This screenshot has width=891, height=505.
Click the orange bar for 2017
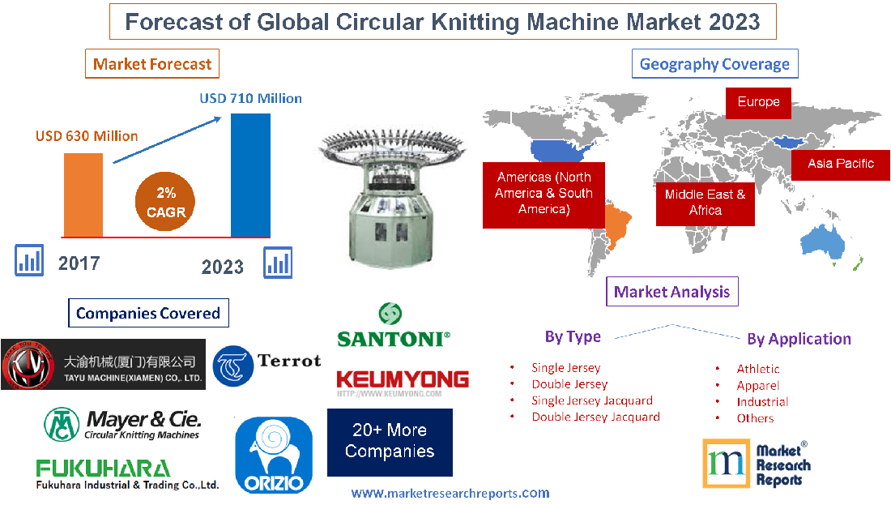tap(83, 195)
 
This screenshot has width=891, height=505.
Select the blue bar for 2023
tap(250, 174)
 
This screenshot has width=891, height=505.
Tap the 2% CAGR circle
tap(166, 203)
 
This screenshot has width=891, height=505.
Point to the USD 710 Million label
tap(251, 98)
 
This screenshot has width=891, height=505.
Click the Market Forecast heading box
tap(152, 64)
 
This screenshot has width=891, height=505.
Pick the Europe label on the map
tap(758, 102)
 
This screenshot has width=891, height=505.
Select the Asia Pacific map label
tap(840, 164)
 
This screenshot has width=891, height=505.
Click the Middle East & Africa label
tap(705, 202)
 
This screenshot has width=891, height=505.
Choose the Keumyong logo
tap(402, 382)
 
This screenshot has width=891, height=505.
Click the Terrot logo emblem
tap(233, 366)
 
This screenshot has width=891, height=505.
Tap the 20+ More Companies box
tap(390, 441)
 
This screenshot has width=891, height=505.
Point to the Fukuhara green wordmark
tap(103, 469)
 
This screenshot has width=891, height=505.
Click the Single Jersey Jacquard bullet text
tap(592, 400)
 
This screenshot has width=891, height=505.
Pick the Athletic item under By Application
tap(758, 369)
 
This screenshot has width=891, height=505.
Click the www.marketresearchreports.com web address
tap(450, 493)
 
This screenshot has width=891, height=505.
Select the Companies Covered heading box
tap(148, 313)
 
